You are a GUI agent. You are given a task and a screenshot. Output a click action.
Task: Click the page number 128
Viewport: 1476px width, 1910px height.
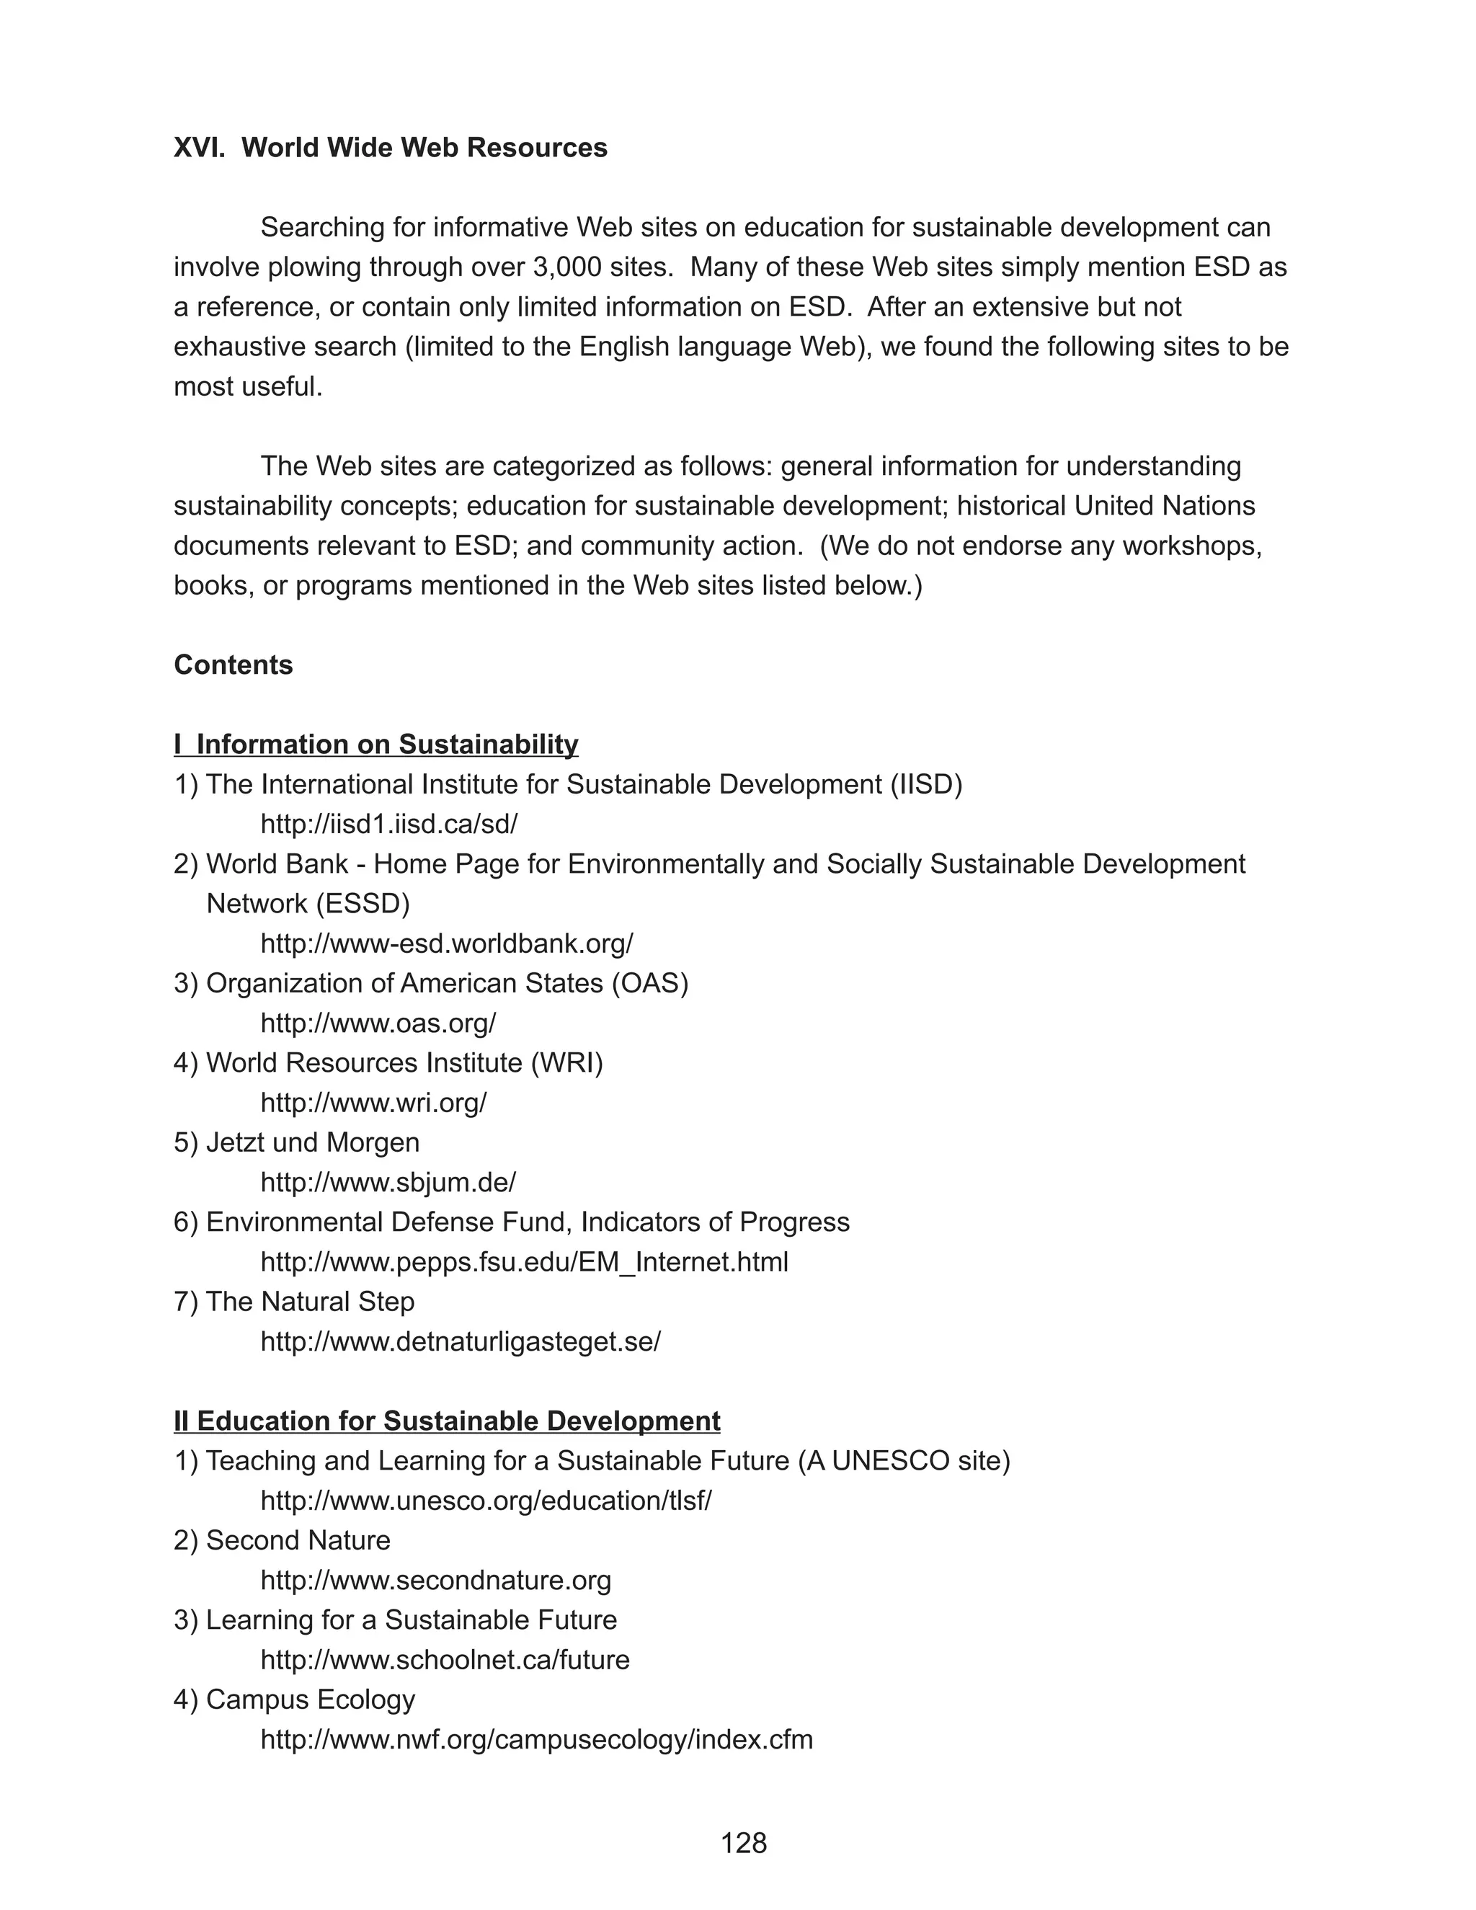tap(743, 1843)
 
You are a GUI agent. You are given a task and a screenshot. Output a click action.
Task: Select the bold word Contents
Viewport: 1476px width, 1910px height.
tap(234, 665)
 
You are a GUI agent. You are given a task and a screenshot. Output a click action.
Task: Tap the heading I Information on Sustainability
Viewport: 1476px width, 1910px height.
tap(376, 745)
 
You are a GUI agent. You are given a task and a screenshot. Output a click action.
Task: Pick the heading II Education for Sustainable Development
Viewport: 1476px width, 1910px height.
tap(447, 1421)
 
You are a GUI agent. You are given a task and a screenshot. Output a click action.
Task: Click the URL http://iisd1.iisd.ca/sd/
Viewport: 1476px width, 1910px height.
tap(389, 824)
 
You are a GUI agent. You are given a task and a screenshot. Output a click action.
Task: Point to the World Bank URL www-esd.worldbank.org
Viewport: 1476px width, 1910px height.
tap(447, 943)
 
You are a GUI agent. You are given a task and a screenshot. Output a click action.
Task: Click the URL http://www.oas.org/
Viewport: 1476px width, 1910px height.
tap(378, 1023)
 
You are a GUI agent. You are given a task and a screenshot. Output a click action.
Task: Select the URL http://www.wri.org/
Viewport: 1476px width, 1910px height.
tap(373, 1103)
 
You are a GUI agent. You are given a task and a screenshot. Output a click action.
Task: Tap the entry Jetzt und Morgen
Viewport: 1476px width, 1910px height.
tap(312, 1142)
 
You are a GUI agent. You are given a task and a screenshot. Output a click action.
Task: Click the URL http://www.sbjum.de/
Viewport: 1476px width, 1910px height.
tap(388, 1182)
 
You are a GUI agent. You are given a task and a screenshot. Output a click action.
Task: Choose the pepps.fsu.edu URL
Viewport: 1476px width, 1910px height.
tap(525, 1262)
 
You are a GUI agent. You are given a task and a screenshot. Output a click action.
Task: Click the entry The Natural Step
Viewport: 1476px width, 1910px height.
tap(309, 1301)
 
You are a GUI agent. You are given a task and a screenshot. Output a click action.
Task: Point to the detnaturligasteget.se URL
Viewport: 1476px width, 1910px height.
tap(461, 1341)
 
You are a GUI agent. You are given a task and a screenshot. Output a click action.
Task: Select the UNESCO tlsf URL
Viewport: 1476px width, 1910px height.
tap(486, 1501)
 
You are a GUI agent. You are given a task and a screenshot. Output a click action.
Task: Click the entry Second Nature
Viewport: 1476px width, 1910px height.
tap(298, 1540)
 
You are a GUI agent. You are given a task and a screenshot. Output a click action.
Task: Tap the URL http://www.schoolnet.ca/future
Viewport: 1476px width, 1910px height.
tap(445, 1660)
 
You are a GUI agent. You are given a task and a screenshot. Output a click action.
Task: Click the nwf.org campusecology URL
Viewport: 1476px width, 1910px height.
tap(537, 1739)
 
